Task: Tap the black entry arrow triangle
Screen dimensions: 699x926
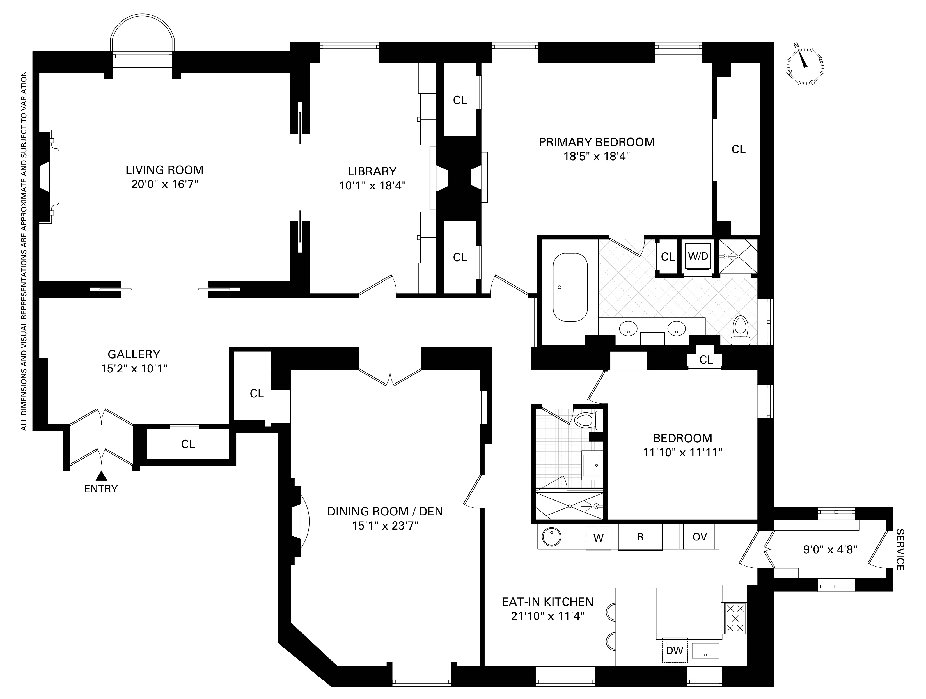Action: point(101,476)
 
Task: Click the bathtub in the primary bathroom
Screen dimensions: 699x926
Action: point(570,287)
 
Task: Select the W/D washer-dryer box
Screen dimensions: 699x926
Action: point(698,256)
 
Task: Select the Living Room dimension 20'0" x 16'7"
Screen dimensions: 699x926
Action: point(164,184)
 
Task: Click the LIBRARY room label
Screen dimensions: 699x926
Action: point(372,171)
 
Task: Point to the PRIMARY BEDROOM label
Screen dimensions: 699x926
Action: point(597,142)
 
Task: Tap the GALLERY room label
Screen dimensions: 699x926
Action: point(134,354)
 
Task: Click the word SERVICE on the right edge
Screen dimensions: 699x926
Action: point(900,549)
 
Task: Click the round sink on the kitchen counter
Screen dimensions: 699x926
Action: point(552,537)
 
